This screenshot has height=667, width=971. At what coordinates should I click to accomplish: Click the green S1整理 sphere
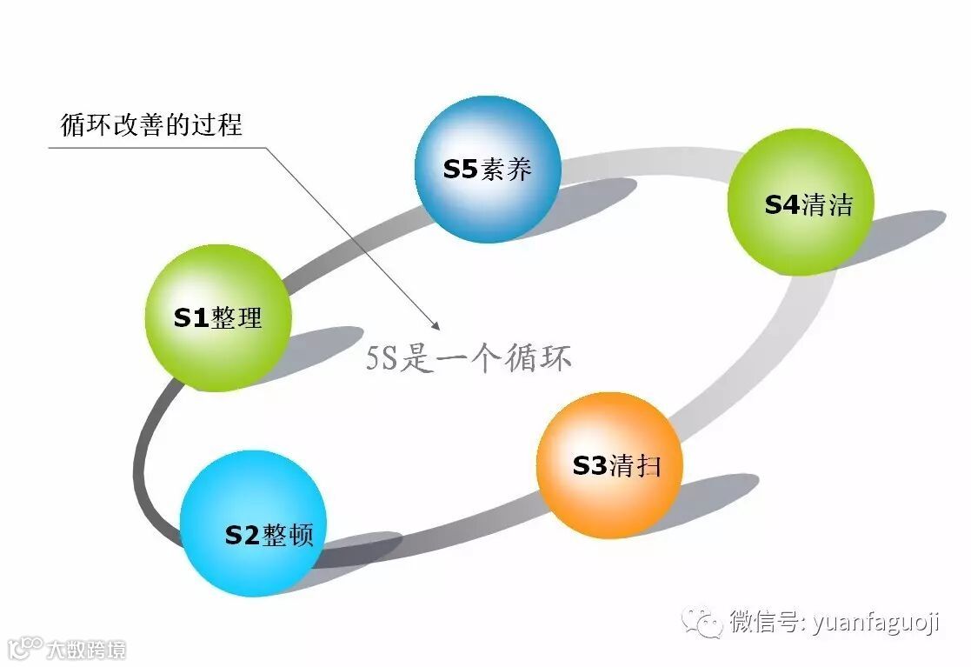(x=216, y=317)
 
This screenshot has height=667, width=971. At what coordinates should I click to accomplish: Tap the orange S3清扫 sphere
(x=609, y=465)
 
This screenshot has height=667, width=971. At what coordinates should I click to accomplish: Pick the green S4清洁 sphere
(x=800, y=203)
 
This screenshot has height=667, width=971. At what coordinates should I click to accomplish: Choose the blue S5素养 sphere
(x=488, y=169)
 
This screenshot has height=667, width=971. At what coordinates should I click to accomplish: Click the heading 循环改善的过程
(x=151, y=124)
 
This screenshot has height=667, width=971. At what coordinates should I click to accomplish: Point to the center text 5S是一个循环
(x=469, y=357)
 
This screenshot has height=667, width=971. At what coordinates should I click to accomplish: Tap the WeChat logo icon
(x=702, y=621)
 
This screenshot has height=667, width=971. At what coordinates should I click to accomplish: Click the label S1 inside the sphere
(x=191, y=317)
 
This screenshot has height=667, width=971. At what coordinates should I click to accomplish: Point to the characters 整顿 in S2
(x=288, y=535)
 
